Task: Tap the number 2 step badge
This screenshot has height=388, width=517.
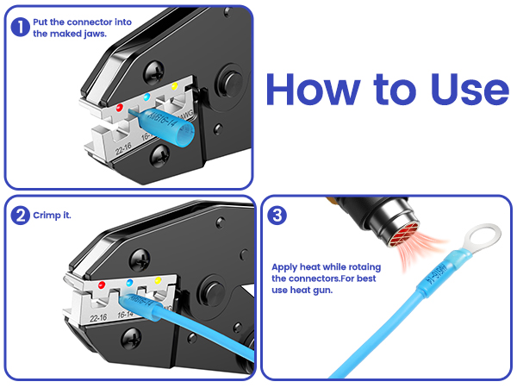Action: tap(19, 216)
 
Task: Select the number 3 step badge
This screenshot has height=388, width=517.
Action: tap(277, 216)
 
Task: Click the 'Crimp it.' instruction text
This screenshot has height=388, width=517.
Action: tap(53, 216)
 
